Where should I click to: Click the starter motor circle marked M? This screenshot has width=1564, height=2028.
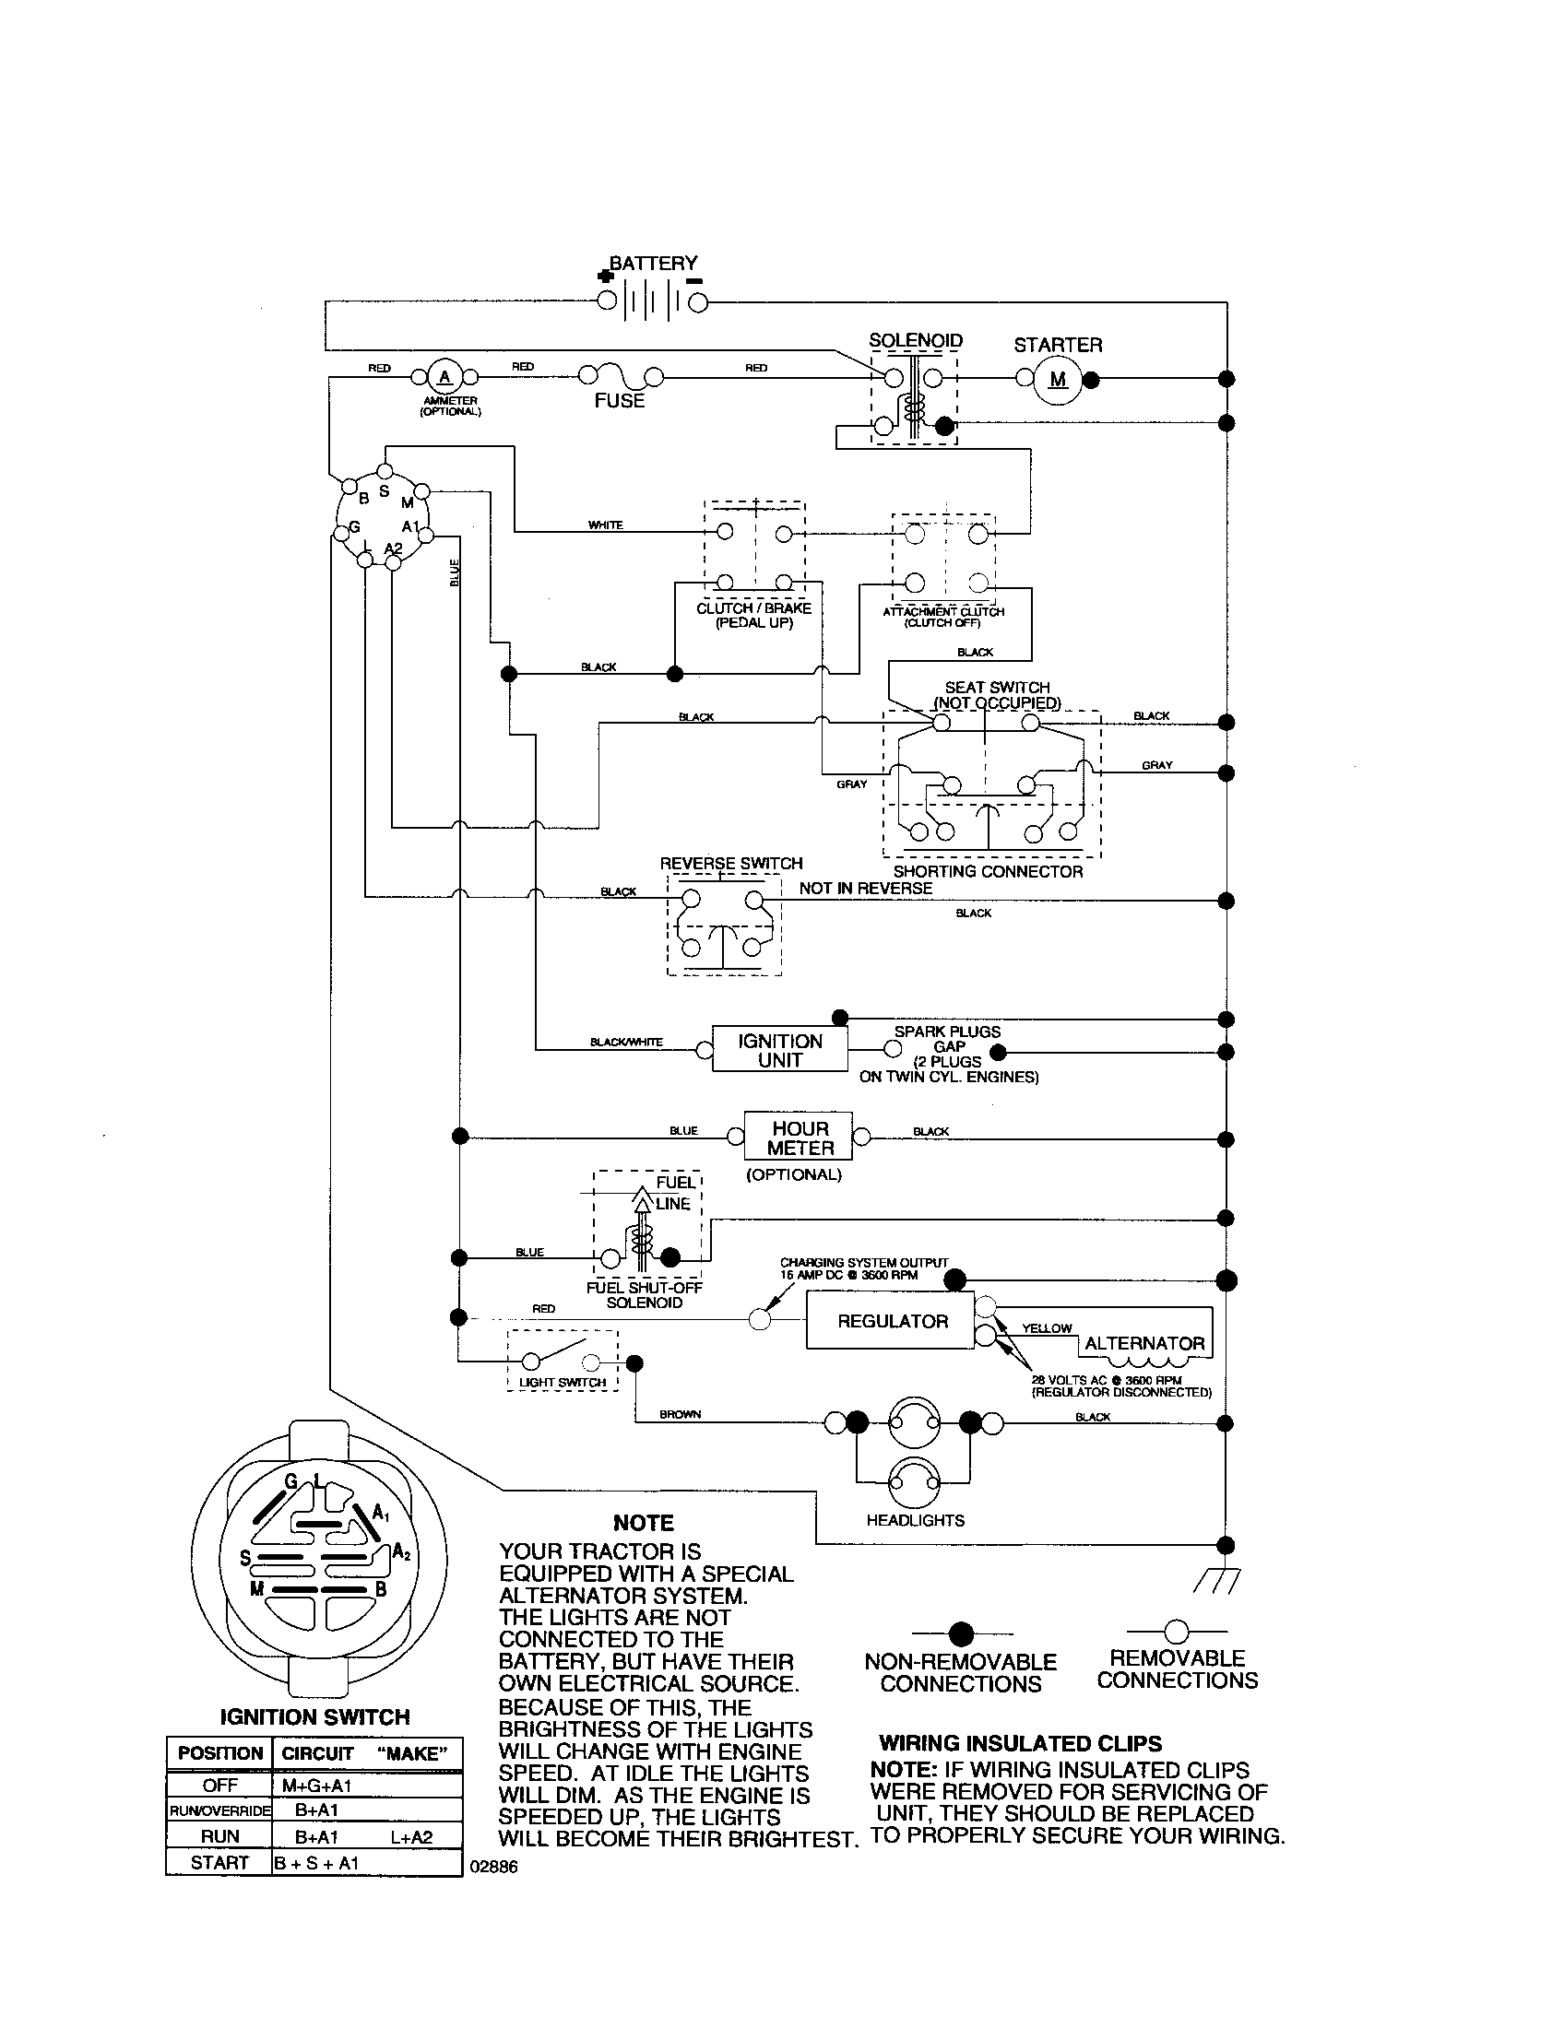point(1058,379)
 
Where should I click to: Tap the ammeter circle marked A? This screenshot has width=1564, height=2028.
point(444,376)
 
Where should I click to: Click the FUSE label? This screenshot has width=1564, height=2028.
point(620,401)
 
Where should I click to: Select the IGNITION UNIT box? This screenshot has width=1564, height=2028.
point(780,1050)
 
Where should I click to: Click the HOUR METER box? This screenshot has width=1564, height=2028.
point(799,1138)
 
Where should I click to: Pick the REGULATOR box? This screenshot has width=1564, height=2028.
point(892,1321)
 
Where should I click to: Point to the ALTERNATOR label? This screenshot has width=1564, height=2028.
point(1144,1344)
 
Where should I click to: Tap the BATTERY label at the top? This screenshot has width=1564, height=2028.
point(653,264)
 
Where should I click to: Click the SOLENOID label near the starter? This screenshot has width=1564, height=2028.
point(915,341)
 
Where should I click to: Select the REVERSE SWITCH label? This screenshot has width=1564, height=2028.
point(731,863)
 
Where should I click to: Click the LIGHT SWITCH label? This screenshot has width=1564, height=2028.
point(562,1383)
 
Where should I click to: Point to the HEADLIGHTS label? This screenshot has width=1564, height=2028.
point(915,1521)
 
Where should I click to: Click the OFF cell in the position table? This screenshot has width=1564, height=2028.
point(219,1786)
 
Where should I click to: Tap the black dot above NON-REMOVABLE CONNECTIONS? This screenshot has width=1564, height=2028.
point(961,1633)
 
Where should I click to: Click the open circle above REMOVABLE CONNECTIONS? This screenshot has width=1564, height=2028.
point(1177,1632)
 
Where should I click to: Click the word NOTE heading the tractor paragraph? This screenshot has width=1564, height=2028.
point(643,1523)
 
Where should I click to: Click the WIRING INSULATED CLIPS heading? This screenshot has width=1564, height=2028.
point(1020,1743)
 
